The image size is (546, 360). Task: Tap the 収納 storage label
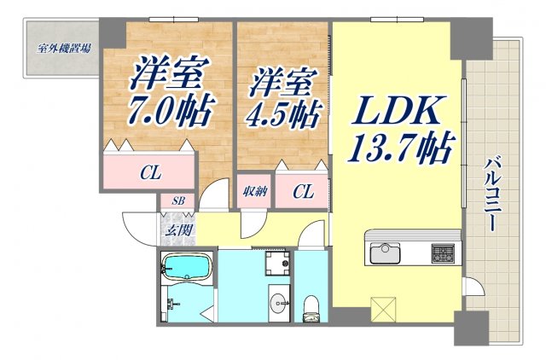tap(254, 193)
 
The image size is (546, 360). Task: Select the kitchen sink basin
tap(386, 253)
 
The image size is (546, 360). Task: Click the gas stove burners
tap(443, 253)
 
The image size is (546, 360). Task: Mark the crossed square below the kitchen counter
tap(385, 305)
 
